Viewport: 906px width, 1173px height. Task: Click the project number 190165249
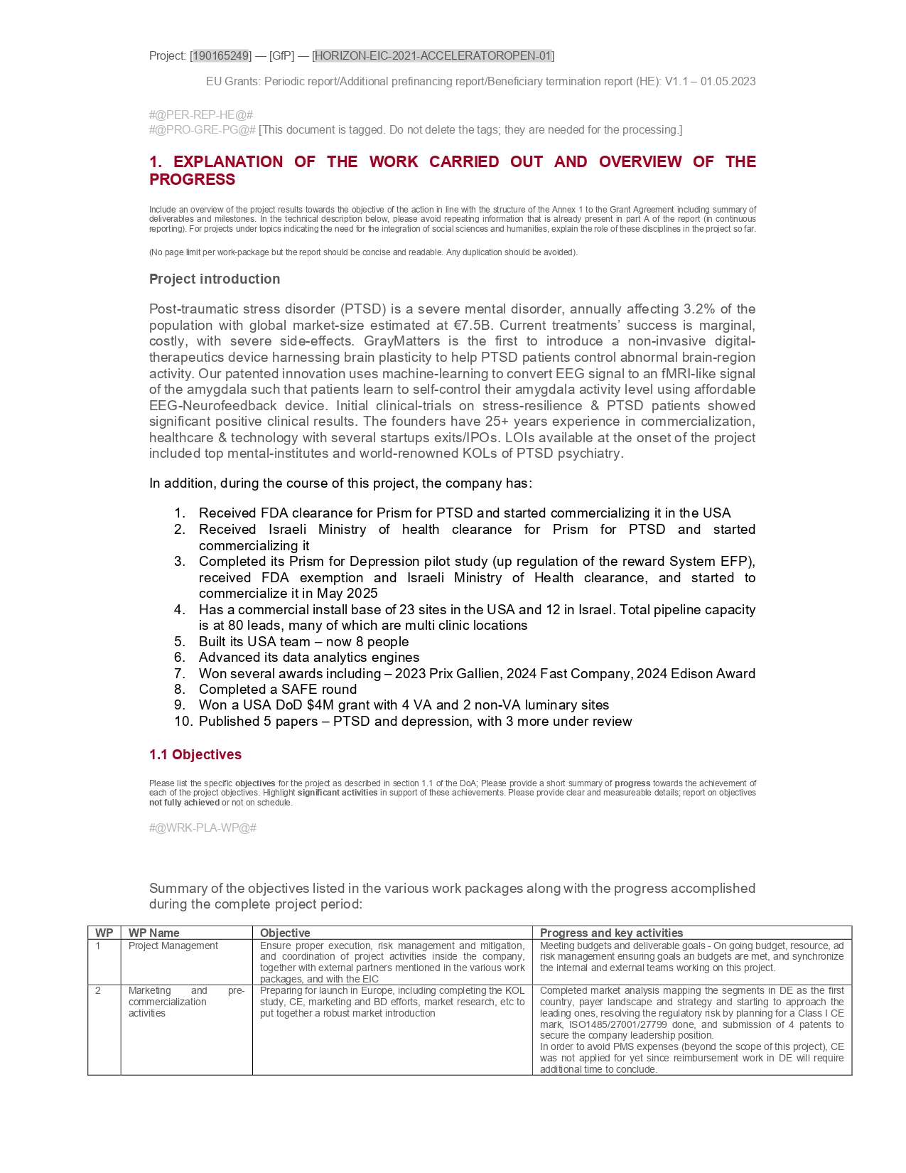click(x=220, y=55)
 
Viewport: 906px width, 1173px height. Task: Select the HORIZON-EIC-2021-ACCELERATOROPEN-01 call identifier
click(x=433, y=55)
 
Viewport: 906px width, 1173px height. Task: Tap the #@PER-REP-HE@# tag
click(x=201, y=114)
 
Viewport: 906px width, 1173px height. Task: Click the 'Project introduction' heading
click(x=215, y=279)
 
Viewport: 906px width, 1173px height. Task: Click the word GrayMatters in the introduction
click(x=404, y=341)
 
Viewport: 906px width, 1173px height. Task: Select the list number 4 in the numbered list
click(x=180, y=609)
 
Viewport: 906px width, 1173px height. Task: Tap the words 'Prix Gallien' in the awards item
click(x=469, y=673)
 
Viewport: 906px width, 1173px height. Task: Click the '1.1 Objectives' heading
click(x=195, y=754)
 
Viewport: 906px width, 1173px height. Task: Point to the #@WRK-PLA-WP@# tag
click(x=203, y=827)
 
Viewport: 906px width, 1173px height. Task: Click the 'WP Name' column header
click(x=153, y=933)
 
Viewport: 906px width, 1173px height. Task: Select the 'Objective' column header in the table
click(x=285, y=933)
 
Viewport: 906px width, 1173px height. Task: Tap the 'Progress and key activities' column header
click(x=611, y=933)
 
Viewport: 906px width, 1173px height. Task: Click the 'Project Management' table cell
click(x=173, y=946)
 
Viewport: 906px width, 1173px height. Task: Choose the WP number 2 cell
click(x=98, y=990)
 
